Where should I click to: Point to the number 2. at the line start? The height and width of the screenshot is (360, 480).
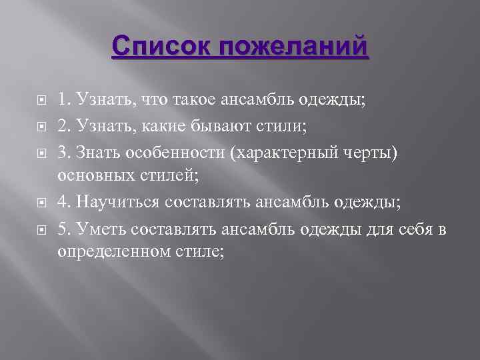tap(65, 123)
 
